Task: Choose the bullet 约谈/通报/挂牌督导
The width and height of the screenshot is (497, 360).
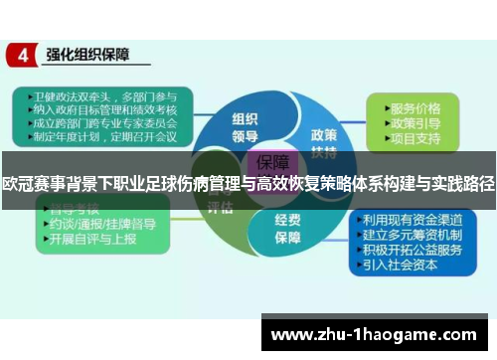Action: pyautogui.click(x=99, y=227)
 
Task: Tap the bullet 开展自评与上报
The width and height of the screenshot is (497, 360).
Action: pyautogui.click(x=93, y=241)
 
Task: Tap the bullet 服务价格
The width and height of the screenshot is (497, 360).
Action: pyautogui.click(x=414, y=106)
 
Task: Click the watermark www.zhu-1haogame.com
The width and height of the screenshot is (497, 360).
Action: pyautogui.click(x=377, y=334)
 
